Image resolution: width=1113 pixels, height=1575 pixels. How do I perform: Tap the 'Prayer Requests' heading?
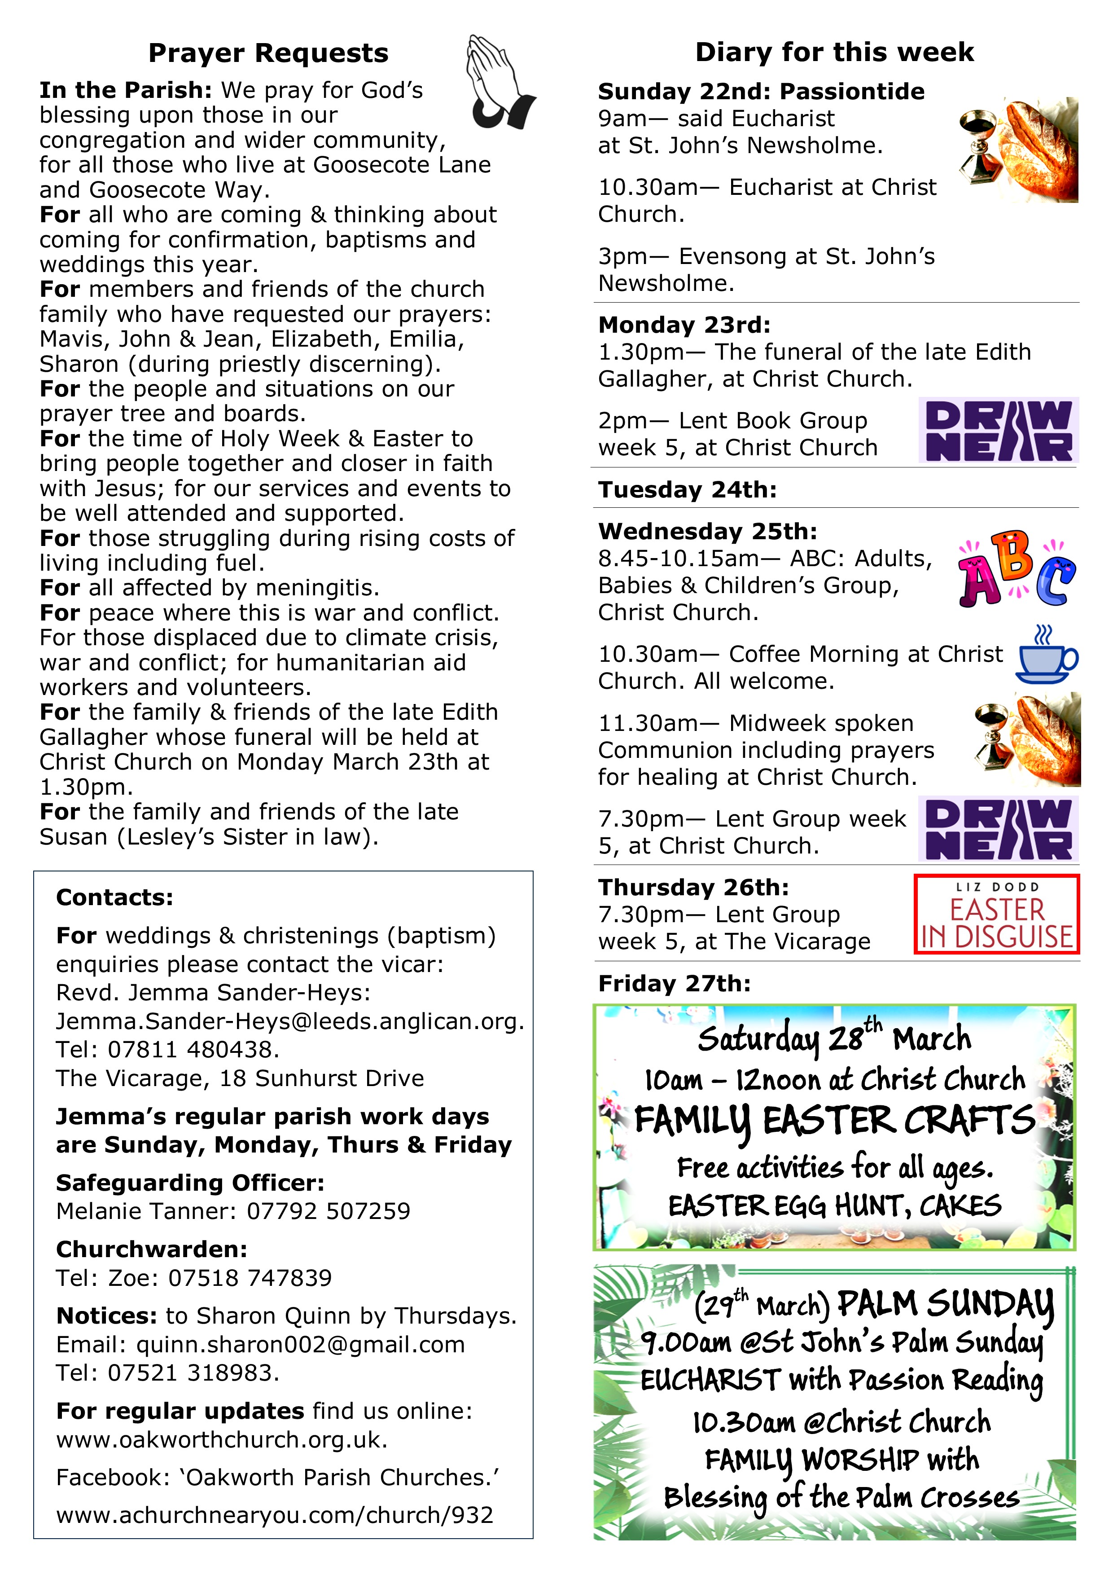click(x=268, y=53)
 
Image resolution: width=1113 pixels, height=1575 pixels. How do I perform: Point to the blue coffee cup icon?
click(x=1045, y=655)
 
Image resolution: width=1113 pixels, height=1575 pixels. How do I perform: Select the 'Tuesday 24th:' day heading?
click(x=687, y=490)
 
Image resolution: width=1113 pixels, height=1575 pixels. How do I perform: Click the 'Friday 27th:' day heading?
click(x=674, y=984)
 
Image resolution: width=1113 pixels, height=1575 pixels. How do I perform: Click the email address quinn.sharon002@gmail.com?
click(x=300, y=1345)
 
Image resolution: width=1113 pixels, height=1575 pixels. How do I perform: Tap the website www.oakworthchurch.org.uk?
click(x=222, y=1439)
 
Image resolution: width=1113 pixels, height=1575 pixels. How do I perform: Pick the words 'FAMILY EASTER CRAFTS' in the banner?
click(x=834, y=1122)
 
